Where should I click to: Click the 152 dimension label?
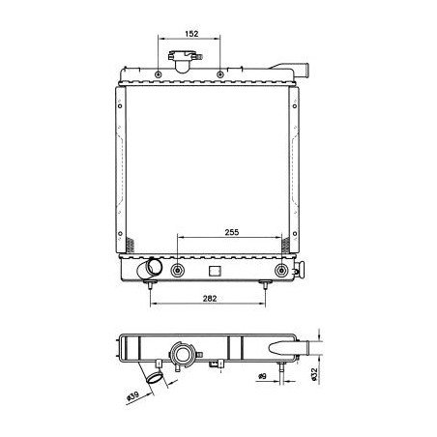pos(191,34)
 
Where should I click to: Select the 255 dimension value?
pos(232,232)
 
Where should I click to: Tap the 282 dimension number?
pos(210,299)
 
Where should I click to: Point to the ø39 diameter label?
pos(132,396)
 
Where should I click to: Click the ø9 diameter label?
pos(263,376)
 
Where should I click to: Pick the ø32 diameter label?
pos(314,374)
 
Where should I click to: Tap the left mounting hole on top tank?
pos(158,74)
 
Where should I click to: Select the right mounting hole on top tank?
pos(220,74)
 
